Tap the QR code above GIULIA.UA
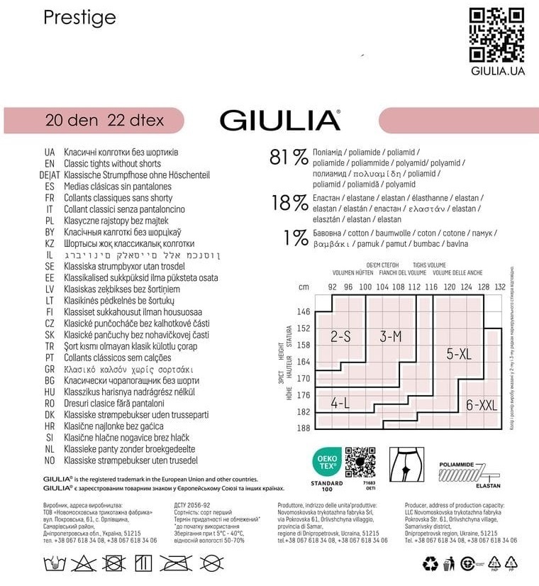(497, 33)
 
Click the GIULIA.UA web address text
(497, 70)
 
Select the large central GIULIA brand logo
(280, 120)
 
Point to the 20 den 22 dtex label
(104, 120)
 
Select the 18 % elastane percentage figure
(289, 204)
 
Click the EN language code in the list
(49, 164)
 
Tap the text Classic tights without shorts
(113, 164)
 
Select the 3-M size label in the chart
(391, 336)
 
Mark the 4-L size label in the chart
(340, 404)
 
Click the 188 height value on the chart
(304, 427)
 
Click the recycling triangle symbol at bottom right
(430, 564)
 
